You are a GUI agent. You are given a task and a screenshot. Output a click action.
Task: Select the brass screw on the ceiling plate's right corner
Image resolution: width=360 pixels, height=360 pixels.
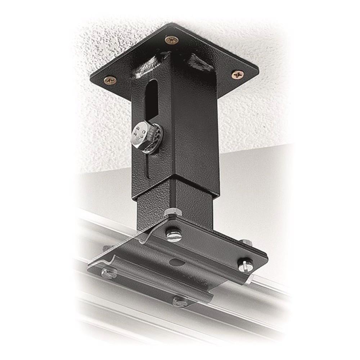click(238, 75)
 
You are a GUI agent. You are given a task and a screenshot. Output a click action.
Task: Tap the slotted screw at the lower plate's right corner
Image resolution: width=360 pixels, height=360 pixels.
click(244, 265)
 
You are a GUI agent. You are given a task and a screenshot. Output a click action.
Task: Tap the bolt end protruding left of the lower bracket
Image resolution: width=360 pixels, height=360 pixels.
click(106, 248)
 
